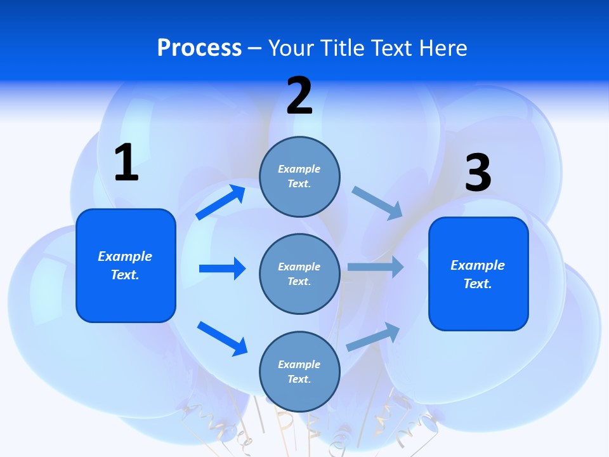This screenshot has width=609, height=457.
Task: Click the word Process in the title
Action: pos(199,48)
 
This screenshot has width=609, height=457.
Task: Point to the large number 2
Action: pos(299,96)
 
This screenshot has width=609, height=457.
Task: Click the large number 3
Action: pos(478,173)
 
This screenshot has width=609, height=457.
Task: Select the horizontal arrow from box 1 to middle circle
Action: pos(222,268)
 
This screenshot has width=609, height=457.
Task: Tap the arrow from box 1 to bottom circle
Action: pos(222,338)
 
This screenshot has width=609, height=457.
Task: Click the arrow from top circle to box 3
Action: pos(377,202)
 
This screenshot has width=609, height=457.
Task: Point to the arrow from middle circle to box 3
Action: pos(375,267)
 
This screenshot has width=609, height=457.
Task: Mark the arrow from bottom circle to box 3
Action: pos(373,337)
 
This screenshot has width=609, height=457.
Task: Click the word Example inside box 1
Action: pos(125,256)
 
